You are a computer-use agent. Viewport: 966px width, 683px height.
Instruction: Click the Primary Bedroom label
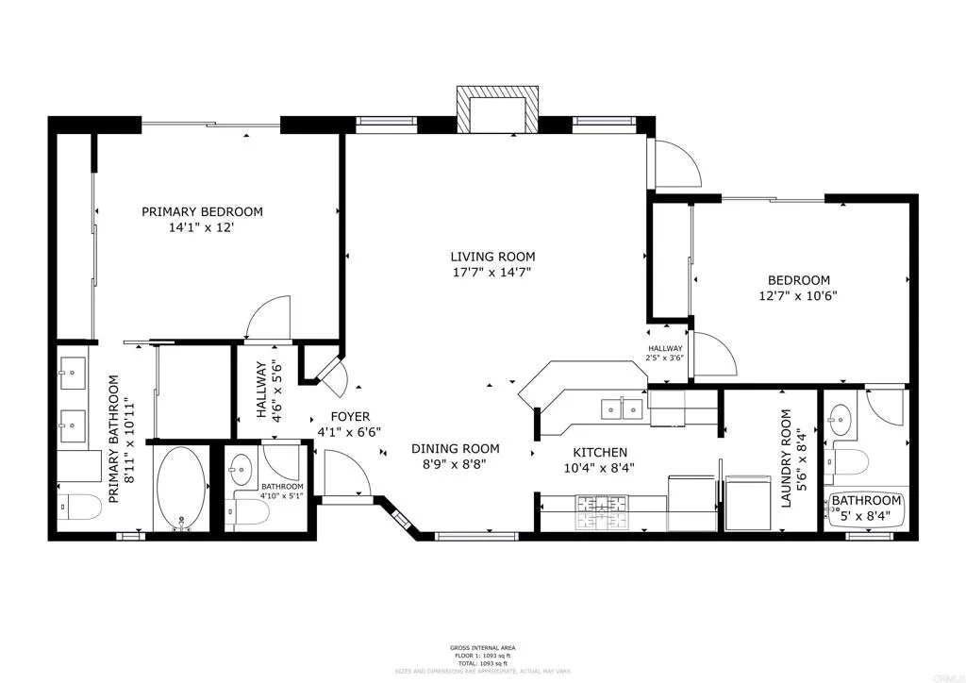202,212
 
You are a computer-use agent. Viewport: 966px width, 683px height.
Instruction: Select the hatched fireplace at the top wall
498,110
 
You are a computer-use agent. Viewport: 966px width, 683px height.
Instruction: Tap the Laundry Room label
791,468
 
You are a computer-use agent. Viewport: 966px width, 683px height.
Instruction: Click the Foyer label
349,417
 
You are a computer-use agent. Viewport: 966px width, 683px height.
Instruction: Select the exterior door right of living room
677,165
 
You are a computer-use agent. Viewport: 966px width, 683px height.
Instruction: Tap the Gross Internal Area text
482,647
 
